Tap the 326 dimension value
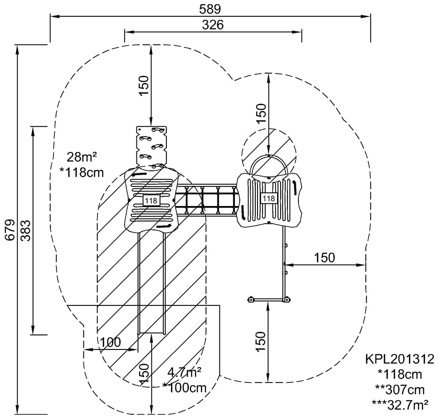coord(213,25)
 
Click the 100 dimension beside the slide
coord(110,342)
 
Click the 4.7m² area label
coord(184,373)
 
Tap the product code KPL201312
coord(400,358)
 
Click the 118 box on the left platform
coord(151,200)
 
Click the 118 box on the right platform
coord(269,198)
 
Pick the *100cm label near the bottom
coord(184,388)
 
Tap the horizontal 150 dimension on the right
coord(325,258)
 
